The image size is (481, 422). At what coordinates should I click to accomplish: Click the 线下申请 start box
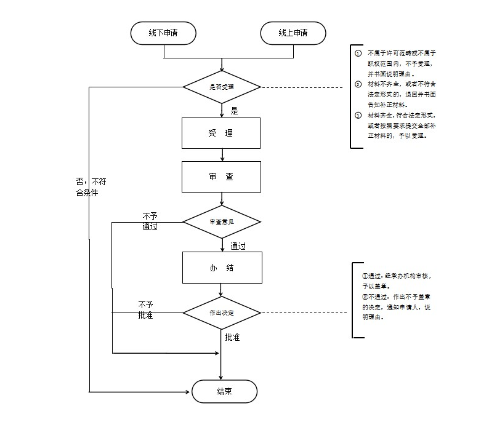click(163, 33)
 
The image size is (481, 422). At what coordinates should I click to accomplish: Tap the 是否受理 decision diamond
click(222, 87)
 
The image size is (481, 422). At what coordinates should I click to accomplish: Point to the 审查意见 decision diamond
click(222, 221)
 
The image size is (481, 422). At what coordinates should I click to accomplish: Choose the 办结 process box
click(222, 268)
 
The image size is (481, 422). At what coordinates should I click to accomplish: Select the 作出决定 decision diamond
click(222, 313)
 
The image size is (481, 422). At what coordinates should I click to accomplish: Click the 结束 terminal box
click(224, 392)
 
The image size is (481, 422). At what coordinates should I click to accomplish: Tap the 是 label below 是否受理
click(234, 111)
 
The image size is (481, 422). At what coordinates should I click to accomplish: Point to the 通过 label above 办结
click(238, 246)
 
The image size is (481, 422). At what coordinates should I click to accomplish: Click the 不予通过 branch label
click(150, 221)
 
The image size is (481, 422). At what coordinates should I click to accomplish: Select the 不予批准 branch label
click(145, 310)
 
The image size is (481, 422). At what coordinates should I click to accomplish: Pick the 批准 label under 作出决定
click(232, 337)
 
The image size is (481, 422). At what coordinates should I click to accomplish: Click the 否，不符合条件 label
click(91, 187)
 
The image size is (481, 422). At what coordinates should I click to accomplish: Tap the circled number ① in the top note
click(358, 54)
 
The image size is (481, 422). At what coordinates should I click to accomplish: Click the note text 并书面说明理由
click(391, 74)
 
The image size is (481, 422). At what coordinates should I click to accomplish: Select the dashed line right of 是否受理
click(302, 88)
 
